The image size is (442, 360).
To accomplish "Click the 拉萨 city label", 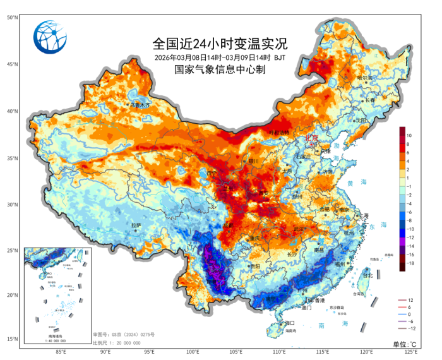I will point(136,225).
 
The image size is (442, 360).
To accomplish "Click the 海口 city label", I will point(290,323).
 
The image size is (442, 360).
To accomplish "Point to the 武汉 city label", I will point(299,228).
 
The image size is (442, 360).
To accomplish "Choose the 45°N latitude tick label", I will point(12,64).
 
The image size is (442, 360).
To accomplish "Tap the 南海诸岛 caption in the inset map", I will point(56,335).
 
